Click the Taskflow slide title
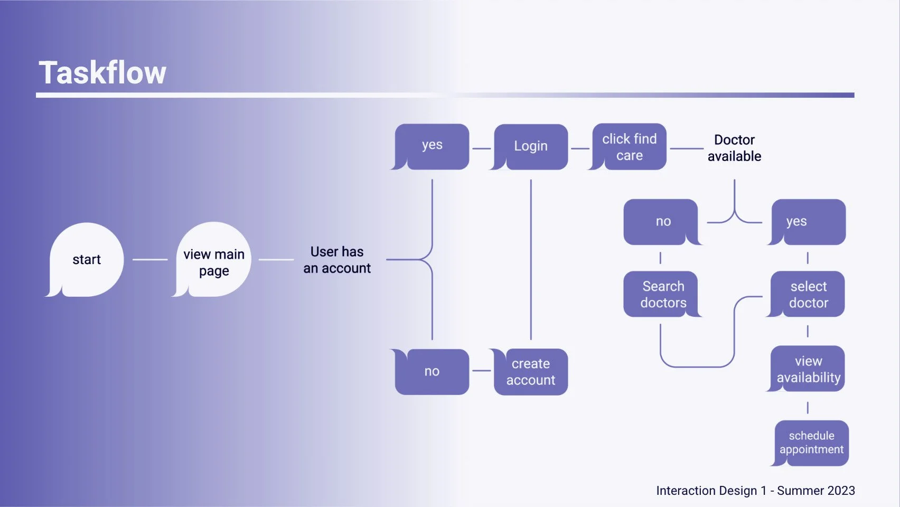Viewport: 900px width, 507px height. (x=102, y=72)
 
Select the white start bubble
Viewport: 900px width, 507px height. (x=87, y=259)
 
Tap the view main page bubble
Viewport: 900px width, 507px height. (x=214, y=262)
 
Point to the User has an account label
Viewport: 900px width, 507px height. (x=337, y=260)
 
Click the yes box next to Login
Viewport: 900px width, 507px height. (x=432, y=146)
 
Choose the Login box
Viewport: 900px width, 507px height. (x=531, y=146)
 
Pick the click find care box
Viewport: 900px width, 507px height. (x=629, y=147)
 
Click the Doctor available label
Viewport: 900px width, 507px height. (x=734, y=148)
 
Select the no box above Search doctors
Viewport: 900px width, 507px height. (x=663, y=222)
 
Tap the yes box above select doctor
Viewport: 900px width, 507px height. (x=808, y=222)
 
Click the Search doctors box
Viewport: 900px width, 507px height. (x=663, y=294)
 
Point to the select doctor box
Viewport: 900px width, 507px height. (x=808, y=294)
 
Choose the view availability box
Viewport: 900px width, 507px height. (x=808, y=369)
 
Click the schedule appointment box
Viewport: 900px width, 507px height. (x=811, y=443)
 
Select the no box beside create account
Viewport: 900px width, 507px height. (x=432, y=371)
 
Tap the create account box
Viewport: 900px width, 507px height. (x=531, y=372)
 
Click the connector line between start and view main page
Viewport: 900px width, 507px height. (x=150, y=259)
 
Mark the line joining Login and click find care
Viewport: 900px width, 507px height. (x=580, y=148)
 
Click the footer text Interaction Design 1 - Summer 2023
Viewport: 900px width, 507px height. (x=755, y=491)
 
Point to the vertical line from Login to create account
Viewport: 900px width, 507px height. (x=531, y=259)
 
